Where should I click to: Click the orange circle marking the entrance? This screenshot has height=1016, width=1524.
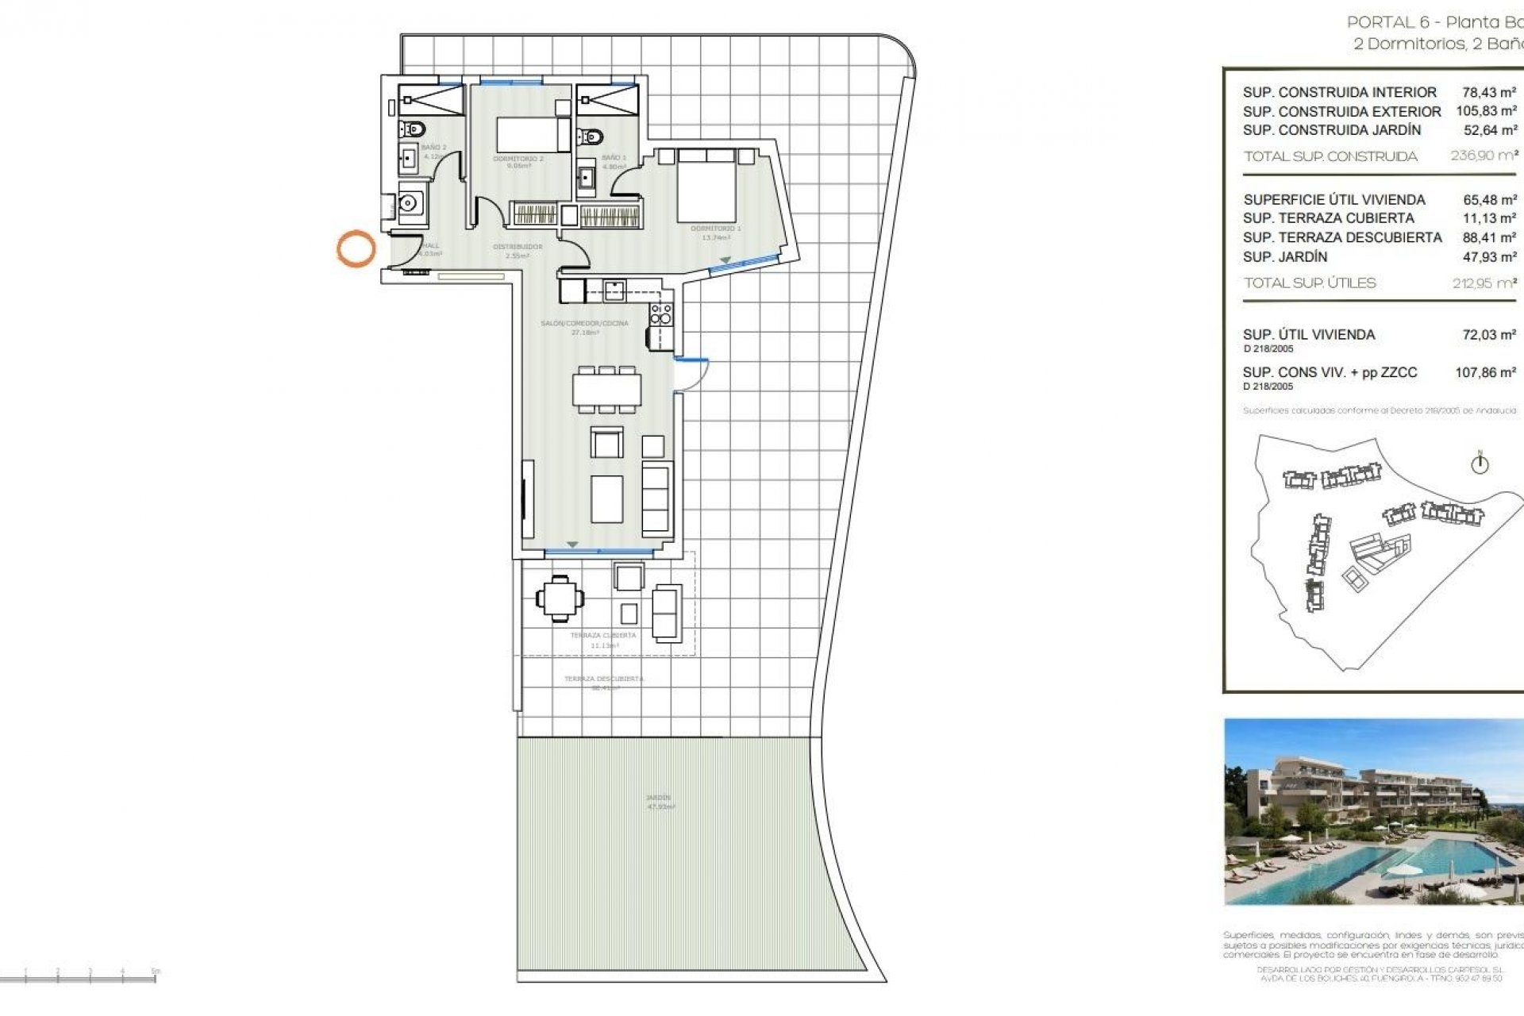coord(356,248)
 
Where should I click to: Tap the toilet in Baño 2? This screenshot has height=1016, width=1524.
coord(413,129)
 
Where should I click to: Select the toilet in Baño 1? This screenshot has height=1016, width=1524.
coord(589,137)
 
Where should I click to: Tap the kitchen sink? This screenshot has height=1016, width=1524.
coord(614,291)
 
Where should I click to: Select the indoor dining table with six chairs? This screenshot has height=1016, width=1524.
coord(607,390)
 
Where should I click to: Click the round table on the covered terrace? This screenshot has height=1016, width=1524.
coord(560,598)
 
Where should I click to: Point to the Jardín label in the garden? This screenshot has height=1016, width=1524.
coord(658,798)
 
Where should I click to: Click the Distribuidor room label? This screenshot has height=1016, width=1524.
coord(518,247)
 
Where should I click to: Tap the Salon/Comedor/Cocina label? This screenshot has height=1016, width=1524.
coord(584,323)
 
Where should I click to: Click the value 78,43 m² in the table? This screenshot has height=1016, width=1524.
coord(1489,92)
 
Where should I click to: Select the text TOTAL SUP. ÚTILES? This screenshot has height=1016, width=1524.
coord(1310,283)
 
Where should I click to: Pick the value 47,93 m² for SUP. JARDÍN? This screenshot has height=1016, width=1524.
coord(1489,257)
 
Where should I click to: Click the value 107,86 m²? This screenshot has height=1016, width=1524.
coord(1485,372)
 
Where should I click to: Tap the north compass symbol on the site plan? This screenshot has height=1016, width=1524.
coord(1480,464)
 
